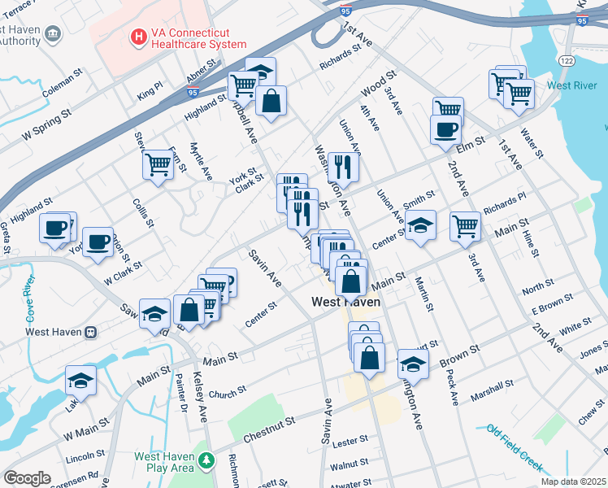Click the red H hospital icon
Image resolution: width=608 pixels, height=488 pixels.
[138, 37]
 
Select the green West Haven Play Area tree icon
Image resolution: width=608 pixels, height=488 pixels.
[207, 461]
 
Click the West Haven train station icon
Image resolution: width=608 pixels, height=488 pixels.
[90, 331]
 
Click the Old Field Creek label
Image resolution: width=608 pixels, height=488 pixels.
[515, 445]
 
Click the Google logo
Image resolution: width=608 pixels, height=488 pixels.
[27, 477]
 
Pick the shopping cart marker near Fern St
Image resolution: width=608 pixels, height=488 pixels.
[158, 164]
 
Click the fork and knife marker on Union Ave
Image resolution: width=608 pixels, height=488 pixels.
[343, 167]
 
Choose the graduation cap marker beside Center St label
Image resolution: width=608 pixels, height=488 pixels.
[420, 225]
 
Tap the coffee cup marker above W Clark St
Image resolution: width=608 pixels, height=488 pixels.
[98, 242]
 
